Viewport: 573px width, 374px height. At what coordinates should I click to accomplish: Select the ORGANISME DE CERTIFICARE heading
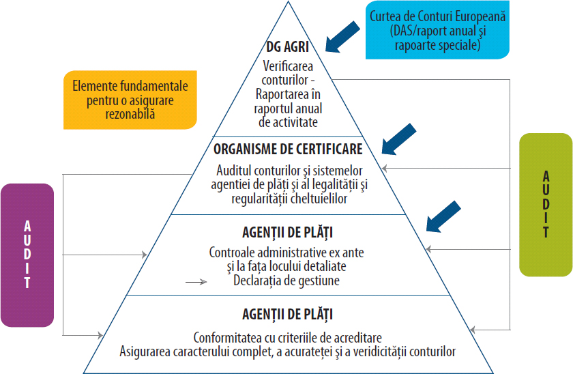tap(288, 148)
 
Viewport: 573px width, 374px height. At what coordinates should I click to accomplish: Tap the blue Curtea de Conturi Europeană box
tap(437, 31)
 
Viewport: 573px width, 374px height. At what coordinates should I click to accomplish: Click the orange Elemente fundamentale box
tap(130, 100)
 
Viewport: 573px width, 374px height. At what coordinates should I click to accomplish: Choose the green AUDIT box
tap(546, 204)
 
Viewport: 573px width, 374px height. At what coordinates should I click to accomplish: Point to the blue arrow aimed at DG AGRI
tap(343, 36)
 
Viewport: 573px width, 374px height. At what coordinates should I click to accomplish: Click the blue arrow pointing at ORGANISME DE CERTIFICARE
tap(398, 139)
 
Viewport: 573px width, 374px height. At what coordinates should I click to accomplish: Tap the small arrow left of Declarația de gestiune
tap(196, 280)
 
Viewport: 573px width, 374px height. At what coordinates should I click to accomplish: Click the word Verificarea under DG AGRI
tap(287, 67)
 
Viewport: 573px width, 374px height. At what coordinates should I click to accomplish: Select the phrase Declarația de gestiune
tap(286, 280)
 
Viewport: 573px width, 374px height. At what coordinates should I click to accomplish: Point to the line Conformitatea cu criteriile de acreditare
tap(287, 338)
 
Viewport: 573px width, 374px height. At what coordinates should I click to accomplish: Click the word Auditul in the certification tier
tap(235, 169)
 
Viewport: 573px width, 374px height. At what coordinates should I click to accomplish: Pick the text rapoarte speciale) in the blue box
tap(437, 46)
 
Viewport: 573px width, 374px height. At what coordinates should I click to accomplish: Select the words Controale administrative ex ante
tap(286, 253)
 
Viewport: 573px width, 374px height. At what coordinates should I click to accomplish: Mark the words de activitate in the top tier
tap(287, 121)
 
